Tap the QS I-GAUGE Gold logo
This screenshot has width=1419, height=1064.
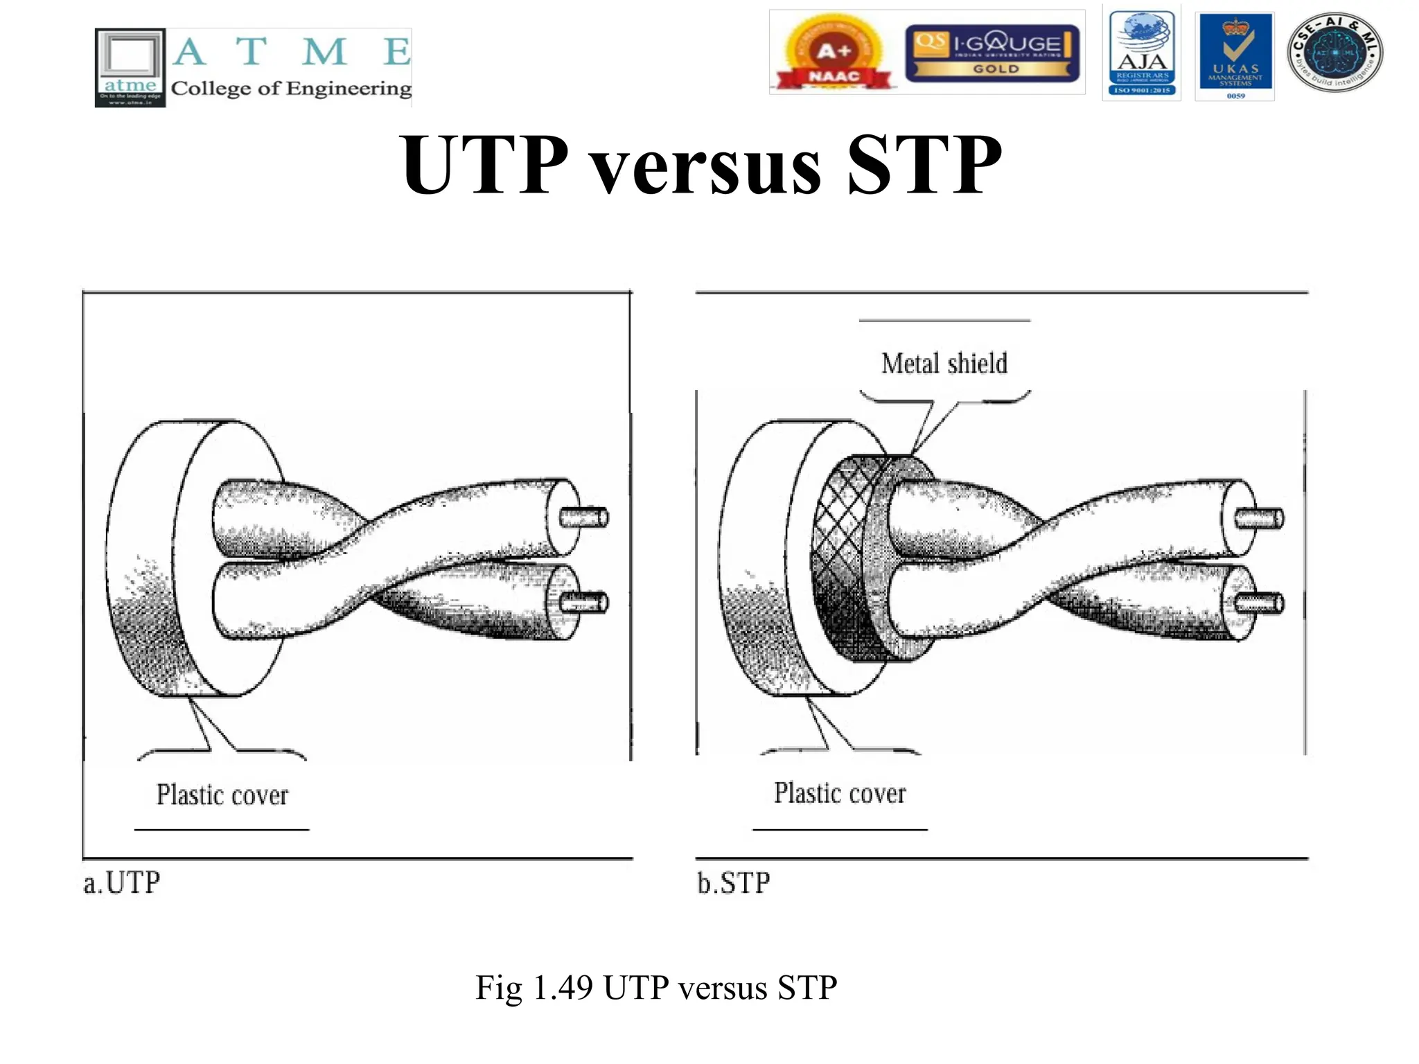(x=992, y=53)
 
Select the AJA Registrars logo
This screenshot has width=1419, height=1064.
(x=1142, y=53)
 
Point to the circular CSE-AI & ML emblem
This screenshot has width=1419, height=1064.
(x=1334, y=53)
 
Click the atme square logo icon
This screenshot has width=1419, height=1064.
(x=130, y=67)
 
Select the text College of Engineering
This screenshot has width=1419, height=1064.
(x=291, y=89)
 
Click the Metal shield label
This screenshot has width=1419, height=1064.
(x=944, y=364)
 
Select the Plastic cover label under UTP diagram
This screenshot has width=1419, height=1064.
(x=222, y=795)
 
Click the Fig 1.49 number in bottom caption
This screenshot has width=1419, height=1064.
(x=561, y=988)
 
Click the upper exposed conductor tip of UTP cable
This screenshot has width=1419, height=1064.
(x=585, y=517)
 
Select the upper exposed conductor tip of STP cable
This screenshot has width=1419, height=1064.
(x=1261, y=518)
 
